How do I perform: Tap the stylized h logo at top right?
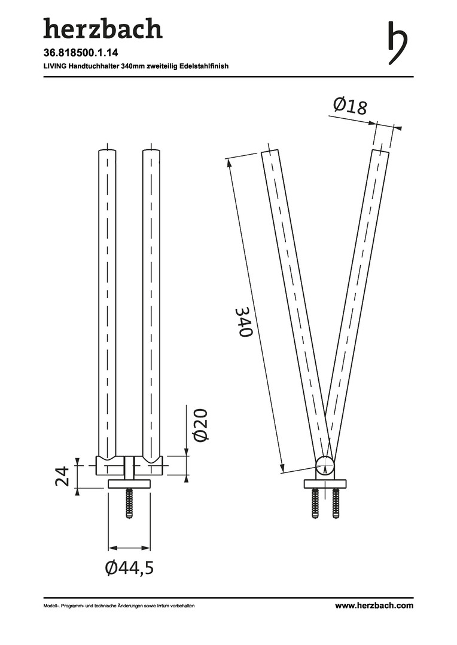coord(397,42)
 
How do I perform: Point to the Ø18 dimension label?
coord(350,105)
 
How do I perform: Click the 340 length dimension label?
coord(245,321)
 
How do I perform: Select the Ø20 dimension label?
coord(200,425)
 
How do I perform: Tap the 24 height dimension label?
coord(62,477)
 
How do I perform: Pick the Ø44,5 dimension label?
coord(129,568)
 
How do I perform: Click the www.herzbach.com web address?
coord(374,606)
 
